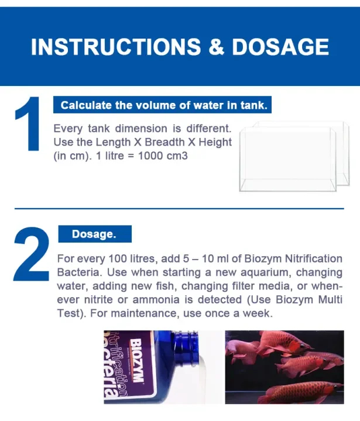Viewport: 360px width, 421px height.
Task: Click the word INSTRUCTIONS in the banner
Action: click(116, 47)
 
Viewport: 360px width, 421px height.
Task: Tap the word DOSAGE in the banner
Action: click(280, 47)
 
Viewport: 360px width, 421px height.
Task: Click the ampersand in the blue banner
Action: click(216, 47)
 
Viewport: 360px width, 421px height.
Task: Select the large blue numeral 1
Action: click(28, 123)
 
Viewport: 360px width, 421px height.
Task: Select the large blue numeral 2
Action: click(32, 254)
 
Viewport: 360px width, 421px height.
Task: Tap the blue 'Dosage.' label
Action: click(95, 234)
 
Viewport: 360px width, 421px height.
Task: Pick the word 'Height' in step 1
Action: click(215, 142)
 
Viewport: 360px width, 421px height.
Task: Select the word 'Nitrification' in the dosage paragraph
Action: click(314, 258)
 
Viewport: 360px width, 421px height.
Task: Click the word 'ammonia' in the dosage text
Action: click(156, 299)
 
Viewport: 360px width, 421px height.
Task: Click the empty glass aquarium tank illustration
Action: click(294, 156)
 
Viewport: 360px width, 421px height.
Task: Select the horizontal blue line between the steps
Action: click(179, 208)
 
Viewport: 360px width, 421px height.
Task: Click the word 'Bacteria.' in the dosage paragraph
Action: click(80, 272)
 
